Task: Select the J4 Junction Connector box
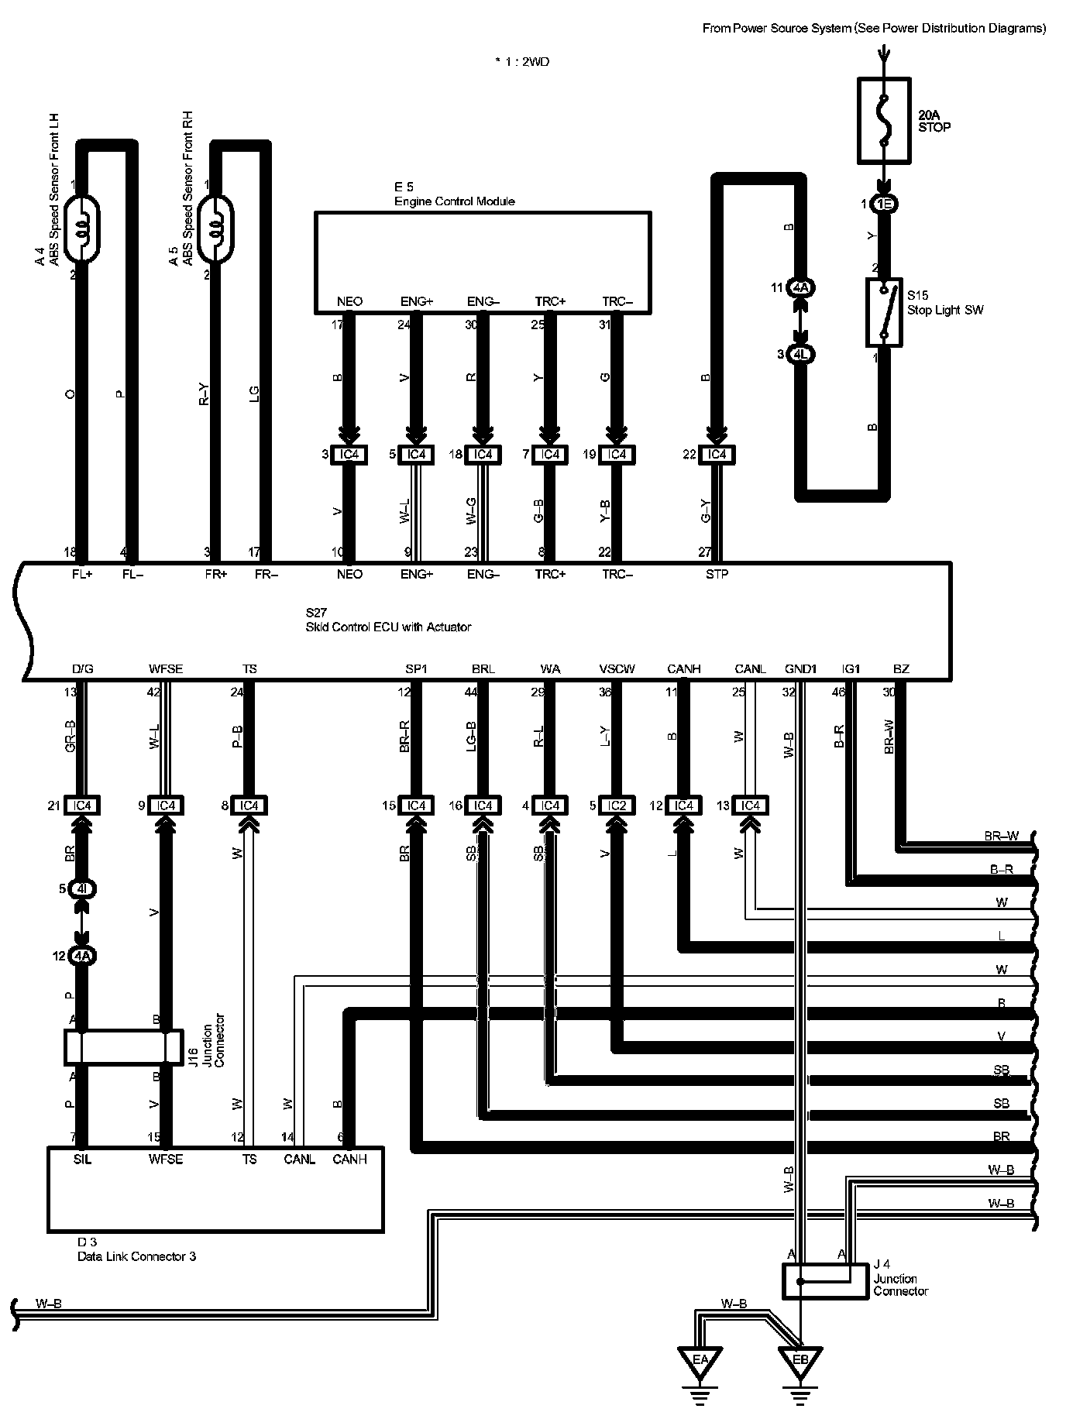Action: [825, 1281]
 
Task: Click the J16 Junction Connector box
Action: [124, 1046]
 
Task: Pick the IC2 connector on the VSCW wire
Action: [617, 806]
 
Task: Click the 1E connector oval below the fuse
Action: [883, 204]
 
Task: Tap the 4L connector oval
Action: [800, 355]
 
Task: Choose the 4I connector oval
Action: [82, 889]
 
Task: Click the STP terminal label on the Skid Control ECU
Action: [717, 574]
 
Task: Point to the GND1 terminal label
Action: [800, 668]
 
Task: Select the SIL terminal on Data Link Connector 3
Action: [82, 1160]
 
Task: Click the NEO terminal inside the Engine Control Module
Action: [349, 301]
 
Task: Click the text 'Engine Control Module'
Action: [454, 201]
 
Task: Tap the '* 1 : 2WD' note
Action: [522, 62]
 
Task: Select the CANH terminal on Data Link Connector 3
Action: [349, 1160]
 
